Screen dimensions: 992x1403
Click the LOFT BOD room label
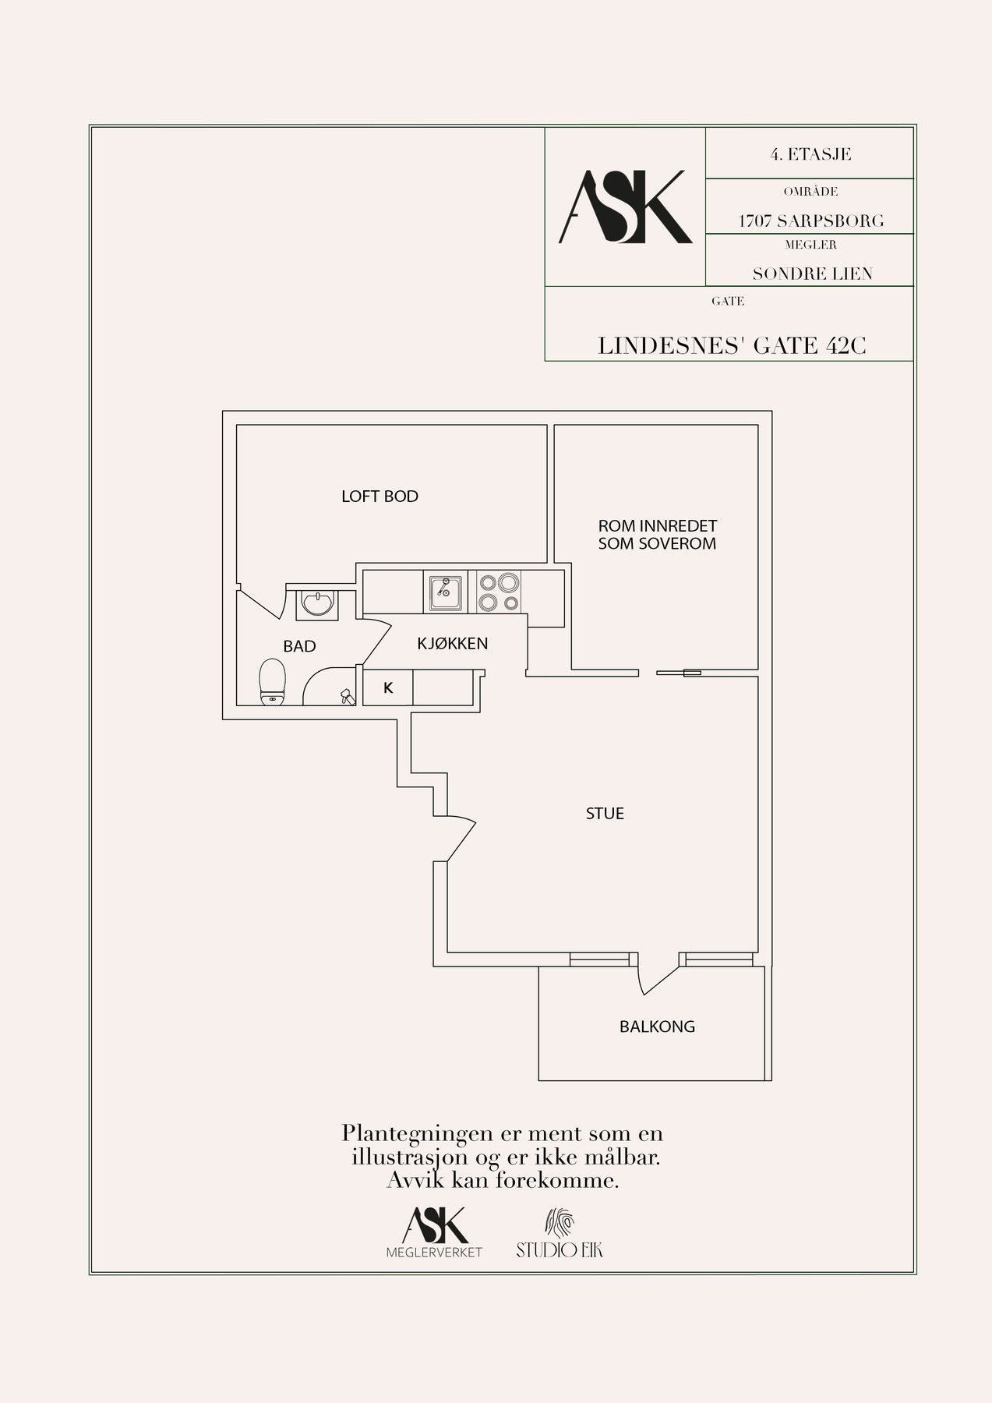pyautogui.click(x=380, y=497)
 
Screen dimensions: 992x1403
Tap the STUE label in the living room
pyautogui.click(x=605, y=814)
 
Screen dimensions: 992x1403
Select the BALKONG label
pyautogui.click(x=657, y=1027)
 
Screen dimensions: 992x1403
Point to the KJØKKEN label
pyautogui.click(x=453, y=643)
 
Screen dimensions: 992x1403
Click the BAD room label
pyautogui.click(x=299, y=646)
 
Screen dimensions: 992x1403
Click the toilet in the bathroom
pyautogui.click(x=272, y=680)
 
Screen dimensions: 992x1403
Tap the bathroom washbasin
pyautogui.click(x=316, y=604)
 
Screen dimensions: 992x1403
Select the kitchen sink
pyautogui.click(x=445, y=592)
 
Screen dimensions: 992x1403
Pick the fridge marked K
pyautogui.click(x=388, y=688)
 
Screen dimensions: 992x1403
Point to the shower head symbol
pyautogui.click(x=346, y=697)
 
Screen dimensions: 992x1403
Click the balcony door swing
pyautogui.click(x=658, y=974)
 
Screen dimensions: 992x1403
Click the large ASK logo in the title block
pyautogui.click(x=625, y=207)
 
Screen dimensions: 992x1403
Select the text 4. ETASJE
pyautogui.click(x=810, y=154)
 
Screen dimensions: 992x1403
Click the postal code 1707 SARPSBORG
pyautogui.click(x=811, y=221)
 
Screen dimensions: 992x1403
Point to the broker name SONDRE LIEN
pyautogui.click(x=812, y=274)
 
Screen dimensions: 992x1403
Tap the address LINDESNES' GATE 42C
pyautogui.click(x=732, y=346)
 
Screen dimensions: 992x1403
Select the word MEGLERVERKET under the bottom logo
pyautogui.click(x=435, y=1253)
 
